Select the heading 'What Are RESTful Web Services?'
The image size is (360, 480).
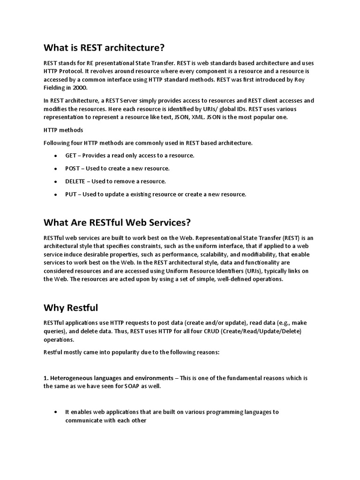117,222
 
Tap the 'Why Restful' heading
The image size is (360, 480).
71,307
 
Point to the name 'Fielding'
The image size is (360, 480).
56,87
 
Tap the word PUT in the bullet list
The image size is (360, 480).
71,195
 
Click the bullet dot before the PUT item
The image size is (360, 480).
56,195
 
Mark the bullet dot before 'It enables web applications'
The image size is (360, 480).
56,412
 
